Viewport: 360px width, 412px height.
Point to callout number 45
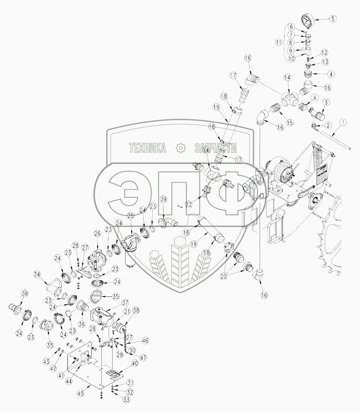81,393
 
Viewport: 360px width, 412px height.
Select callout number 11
278,43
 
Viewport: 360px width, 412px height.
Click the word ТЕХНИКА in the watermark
148,148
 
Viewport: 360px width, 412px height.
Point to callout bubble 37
125,303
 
